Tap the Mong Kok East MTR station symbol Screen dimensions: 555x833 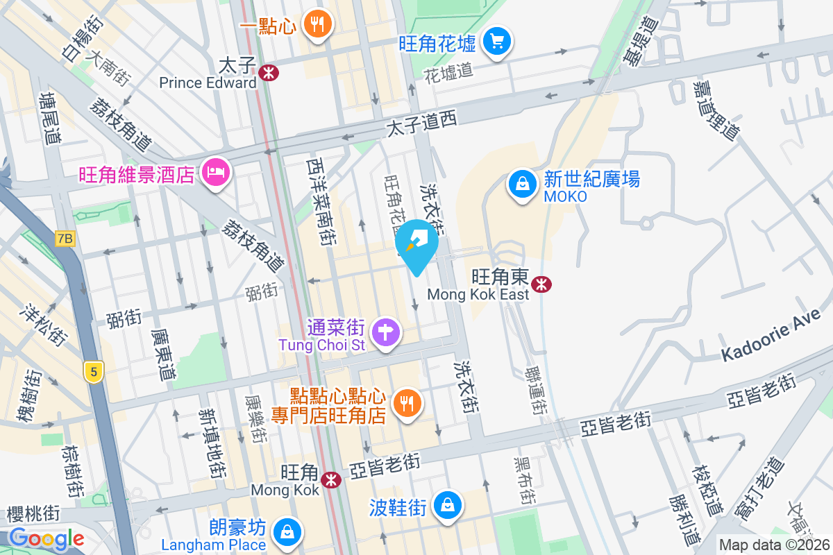click(x=541, y=284)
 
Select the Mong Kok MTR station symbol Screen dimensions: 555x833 click(x=331, y=479)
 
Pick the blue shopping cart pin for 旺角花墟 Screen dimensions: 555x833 click(x=496, y=41)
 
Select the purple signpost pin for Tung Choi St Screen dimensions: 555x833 click(x=385, y=332)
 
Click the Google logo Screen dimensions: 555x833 click(x=46, y=538)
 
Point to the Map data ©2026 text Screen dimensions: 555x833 click(x=774, y=545)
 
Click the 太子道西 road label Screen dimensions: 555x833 click(x=421, y=125)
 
